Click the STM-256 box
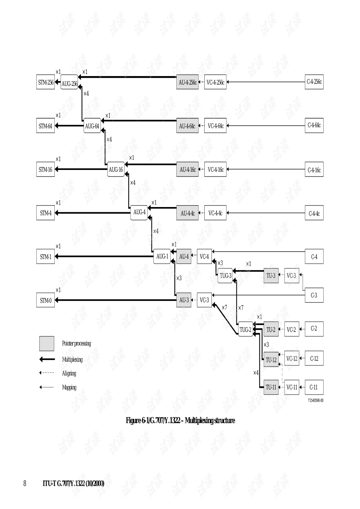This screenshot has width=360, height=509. (x=45, y=82)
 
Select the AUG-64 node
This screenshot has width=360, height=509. (x=92, y=126)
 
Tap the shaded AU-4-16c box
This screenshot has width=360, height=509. (x=187, y=170)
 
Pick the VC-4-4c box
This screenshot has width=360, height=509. (x=215, y=213)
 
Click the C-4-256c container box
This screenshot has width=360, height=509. (x=314, y=82)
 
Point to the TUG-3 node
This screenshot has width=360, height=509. (x=225, y=276)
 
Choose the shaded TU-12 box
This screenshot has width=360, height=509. (x=271, y=359)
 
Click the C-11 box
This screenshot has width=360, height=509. (x=313, y=387)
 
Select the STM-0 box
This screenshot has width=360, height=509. (x=45, y=300)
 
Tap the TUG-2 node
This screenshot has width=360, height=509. (x=246, y=330)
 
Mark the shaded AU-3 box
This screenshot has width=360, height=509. (x=184, y=300)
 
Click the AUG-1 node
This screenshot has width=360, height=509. (x=162, y=257)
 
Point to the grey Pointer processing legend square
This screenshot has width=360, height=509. (x=46, y=343)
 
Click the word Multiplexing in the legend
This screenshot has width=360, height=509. (x=72, y=359)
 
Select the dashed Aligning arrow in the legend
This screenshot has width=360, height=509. (x=47, y=373)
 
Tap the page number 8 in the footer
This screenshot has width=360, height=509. (x=25, y=483)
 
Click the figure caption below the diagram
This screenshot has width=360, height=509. (x=180, y=420)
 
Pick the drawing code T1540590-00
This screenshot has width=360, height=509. (x=315, y=400)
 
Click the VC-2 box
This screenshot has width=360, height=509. (x=291, y=330)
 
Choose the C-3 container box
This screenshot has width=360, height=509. (x=314, y=295)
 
